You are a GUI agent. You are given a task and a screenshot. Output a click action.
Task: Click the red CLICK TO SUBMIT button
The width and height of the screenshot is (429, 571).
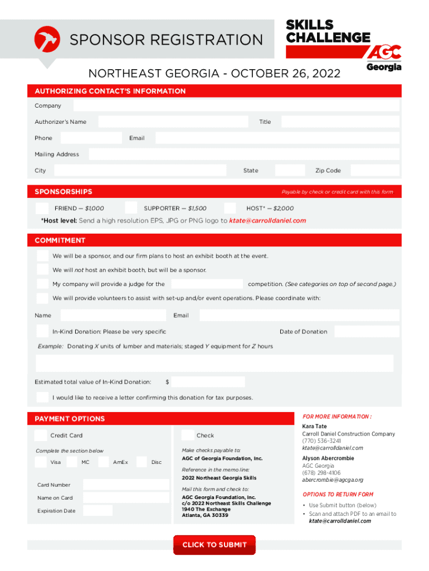tap(214, 545)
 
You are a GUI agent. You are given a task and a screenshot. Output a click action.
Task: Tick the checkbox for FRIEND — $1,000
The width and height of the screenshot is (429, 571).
tap(42, 208)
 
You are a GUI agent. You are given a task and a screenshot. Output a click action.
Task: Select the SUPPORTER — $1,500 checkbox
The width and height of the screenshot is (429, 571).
tap(131, 208)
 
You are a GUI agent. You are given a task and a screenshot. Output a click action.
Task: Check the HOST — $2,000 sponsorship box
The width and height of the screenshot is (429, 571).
tap(230, 208)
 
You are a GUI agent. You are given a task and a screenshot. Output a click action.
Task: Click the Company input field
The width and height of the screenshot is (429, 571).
tap(236, 106)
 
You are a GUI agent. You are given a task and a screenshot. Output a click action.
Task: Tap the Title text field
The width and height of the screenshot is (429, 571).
tap(340, 122)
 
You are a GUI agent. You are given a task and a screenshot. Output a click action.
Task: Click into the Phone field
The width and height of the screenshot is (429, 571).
tap(91, 138)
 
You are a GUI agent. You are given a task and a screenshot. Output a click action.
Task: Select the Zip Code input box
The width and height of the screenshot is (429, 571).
tap(375, 171)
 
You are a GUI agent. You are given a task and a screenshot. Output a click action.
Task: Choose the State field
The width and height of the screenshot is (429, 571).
tap(290, 171)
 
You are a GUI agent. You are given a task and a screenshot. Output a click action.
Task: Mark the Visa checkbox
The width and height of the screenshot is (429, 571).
tap(41, 462)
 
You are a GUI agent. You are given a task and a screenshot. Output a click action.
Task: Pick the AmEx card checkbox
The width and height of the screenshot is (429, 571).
tap(103, 462)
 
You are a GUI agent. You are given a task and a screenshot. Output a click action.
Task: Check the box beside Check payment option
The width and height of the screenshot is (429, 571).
tap(188, 435)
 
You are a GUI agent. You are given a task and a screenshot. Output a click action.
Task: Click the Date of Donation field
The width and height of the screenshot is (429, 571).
tap(367, 331)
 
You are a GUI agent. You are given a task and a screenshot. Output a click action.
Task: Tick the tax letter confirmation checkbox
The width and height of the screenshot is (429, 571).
tap(42, 397)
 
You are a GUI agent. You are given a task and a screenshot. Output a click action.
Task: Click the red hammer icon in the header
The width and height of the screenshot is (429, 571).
tap(47, 39)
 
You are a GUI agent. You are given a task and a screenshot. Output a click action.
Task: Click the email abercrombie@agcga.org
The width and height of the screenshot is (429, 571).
tap(333, 480)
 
